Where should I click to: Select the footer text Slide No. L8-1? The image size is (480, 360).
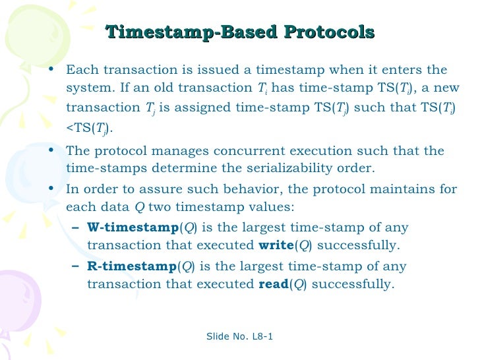[240, 337]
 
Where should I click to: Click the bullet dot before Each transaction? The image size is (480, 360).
[51, 70]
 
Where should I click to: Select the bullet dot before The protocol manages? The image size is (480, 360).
[51, 151]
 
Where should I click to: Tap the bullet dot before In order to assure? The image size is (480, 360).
[51, 189]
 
